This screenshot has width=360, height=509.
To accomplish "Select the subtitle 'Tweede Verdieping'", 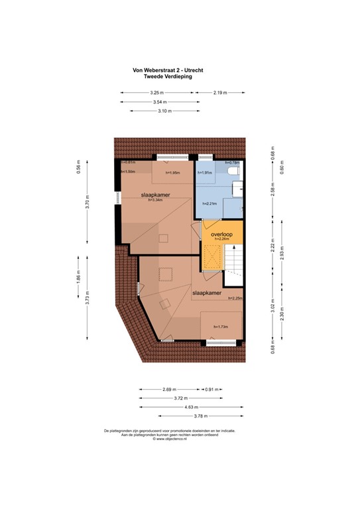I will point(168,76).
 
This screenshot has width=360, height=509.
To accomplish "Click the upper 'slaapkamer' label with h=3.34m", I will point(154,195).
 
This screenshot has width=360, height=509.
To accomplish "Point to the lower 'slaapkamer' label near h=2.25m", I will point(206,292).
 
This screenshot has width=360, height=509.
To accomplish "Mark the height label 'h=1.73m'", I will point(220,327).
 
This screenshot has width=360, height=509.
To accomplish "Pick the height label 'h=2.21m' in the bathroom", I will point(210,203).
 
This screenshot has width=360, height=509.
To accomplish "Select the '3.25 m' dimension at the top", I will point(157,93).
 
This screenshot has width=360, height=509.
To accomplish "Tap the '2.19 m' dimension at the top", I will point(221,93).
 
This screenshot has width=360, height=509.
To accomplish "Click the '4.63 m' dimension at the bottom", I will point(191,407).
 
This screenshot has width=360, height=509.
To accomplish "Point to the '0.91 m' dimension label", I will point(213,389).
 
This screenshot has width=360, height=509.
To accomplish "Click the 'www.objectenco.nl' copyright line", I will point(169,439).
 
